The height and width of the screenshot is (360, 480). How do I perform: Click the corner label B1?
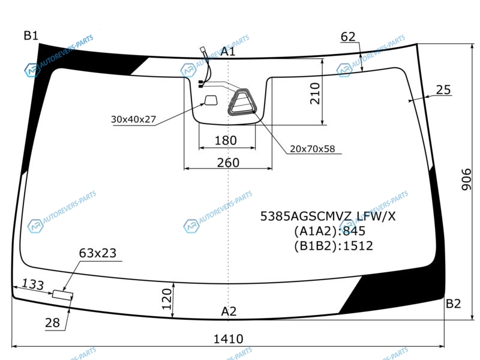31,35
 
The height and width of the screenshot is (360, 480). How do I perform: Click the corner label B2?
453,304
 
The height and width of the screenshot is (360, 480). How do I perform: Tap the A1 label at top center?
228,52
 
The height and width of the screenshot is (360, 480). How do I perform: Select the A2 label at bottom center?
229,311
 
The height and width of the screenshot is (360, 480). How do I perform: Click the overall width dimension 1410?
229,339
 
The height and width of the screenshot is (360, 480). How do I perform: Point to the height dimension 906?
467,179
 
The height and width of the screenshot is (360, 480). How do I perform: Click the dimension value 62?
348,37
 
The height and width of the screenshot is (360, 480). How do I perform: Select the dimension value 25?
443,89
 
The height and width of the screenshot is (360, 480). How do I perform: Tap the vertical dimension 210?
315,94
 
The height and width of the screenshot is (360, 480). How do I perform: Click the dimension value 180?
226,140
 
